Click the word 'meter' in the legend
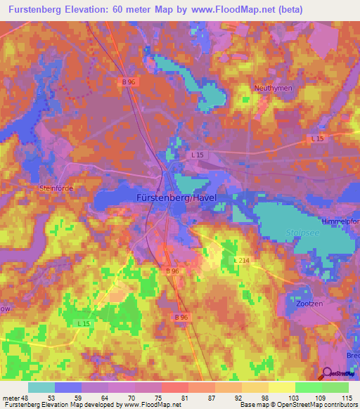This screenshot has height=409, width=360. click(x=12, y=398)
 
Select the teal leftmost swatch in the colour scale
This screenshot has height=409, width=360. click(x=41, y=387)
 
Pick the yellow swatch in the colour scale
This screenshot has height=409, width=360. click(x=281, y=387)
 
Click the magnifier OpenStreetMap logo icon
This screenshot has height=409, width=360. click(x=327, y=374)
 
